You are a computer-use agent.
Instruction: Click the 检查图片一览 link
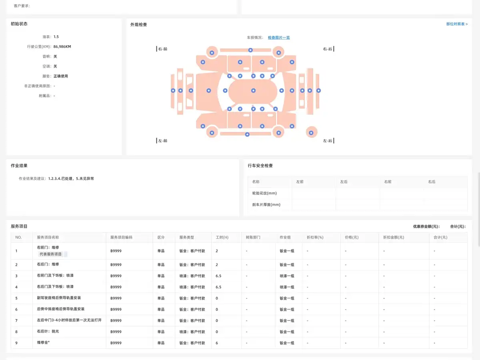click(x=278, y=38)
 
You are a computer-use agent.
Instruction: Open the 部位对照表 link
click(x=457, y=24)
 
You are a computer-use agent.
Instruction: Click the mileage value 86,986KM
click(x=62, y=46)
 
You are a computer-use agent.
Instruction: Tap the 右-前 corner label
click(x=162, y=49)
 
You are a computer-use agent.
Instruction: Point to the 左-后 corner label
click(x=327, y=141)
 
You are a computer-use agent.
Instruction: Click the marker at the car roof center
click(x=253, y=90)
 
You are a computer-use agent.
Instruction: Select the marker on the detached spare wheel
click(x=311, y=133)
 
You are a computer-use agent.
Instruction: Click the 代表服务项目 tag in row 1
click(x=50, y=254)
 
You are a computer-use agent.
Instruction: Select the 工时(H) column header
click(x=222, y=237)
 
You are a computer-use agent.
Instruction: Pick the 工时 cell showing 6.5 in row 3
click(x=218, y=276)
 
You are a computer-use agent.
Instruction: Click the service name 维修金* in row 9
click(x=43, y=342)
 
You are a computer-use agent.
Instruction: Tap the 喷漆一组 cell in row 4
click(x=287, y=287)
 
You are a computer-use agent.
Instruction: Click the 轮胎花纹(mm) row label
click(x=264, y=193)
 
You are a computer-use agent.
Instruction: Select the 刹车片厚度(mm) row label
click(x=266, y=204)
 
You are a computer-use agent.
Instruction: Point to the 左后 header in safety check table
click(x=344, y=182)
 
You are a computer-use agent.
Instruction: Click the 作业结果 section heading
click(x=19, y=166)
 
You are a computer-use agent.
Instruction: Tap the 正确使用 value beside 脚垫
click(x=60, y=76)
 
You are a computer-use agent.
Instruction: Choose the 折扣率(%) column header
click(x=315, y=237)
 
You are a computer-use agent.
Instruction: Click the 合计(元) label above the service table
click(x=458, y=226)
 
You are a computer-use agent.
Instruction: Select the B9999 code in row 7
click(x=116, y=321)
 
